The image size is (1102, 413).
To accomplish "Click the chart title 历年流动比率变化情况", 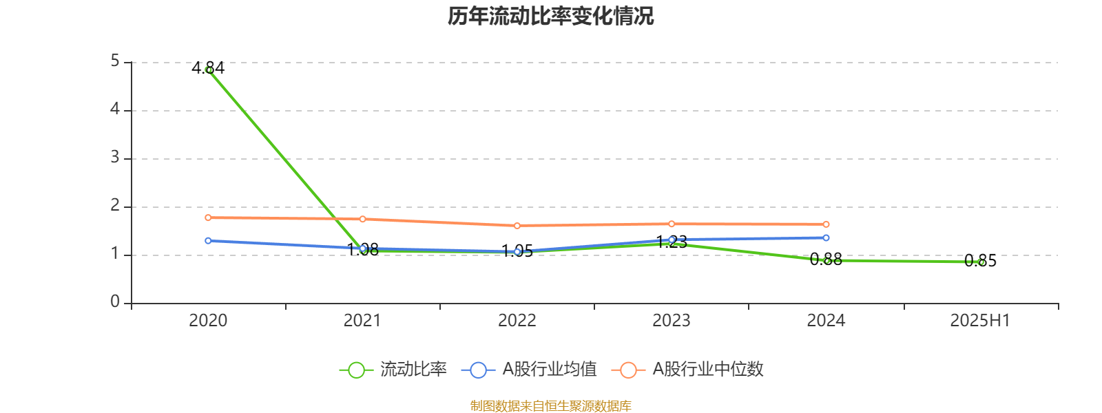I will coord(551,16).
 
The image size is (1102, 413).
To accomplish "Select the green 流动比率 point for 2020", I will coord(209,70).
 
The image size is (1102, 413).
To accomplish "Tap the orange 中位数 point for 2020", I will coord(208,218).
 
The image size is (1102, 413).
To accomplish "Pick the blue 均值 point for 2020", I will coord(208,241).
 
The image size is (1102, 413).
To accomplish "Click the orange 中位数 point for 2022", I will coord(517,226).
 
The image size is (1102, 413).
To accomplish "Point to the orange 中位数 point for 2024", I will coord(826,224).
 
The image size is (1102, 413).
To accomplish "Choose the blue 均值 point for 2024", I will coord(826,238).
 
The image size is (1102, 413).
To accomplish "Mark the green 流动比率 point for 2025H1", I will coord(981,262).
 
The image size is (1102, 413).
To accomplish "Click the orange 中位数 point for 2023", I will coord(672,224).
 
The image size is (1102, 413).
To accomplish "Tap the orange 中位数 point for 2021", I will coord(362,219).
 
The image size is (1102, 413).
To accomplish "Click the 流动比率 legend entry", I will coord(393,370).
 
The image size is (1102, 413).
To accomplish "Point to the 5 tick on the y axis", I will coord(115,62).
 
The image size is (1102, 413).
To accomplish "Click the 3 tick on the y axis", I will coord(115,158).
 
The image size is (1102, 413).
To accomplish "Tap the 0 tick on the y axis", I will coord(115,302).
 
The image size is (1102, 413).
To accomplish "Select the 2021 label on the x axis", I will coord(362,321).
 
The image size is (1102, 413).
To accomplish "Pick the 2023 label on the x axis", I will coord(672,321).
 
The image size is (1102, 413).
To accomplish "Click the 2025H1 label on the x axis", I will coord(980,321).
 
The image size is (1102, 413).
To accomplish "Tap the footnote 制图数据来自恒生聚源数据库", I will coord(551,405).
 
